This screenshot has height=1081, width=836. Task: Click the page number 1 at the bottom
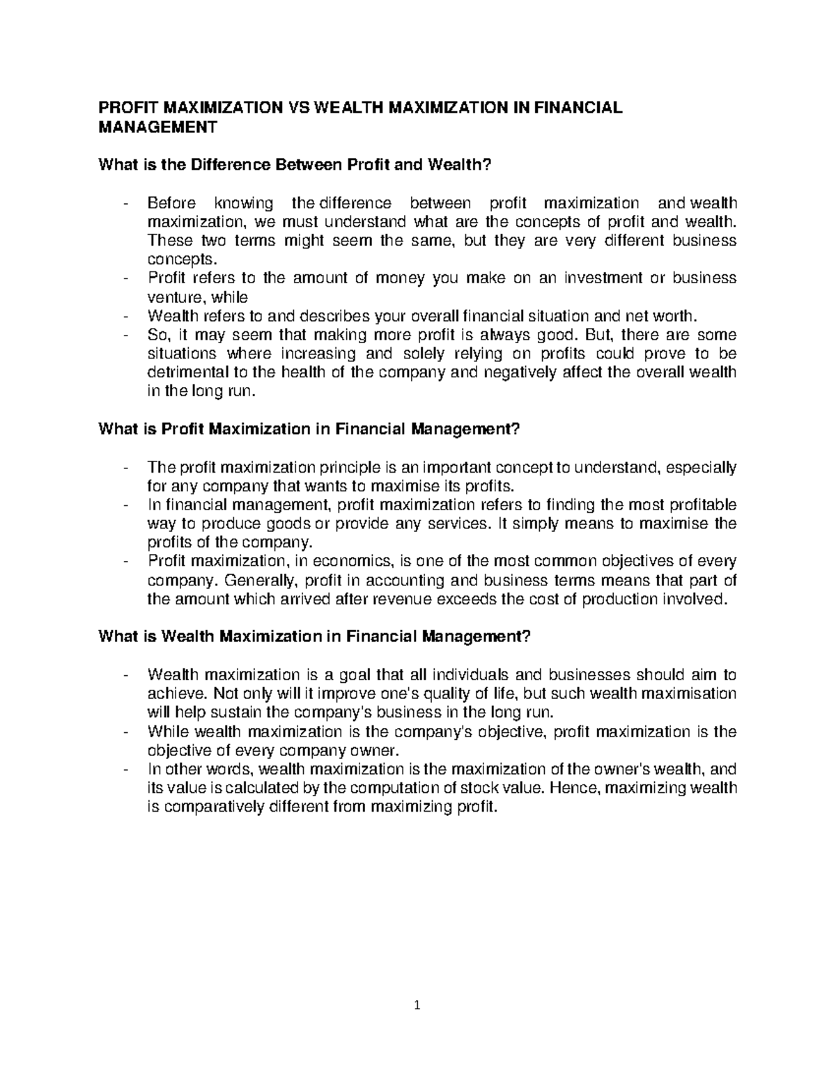pos(417,1024)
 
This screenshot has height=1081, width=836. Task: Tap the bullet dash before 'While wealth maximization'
pos(125,732)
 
